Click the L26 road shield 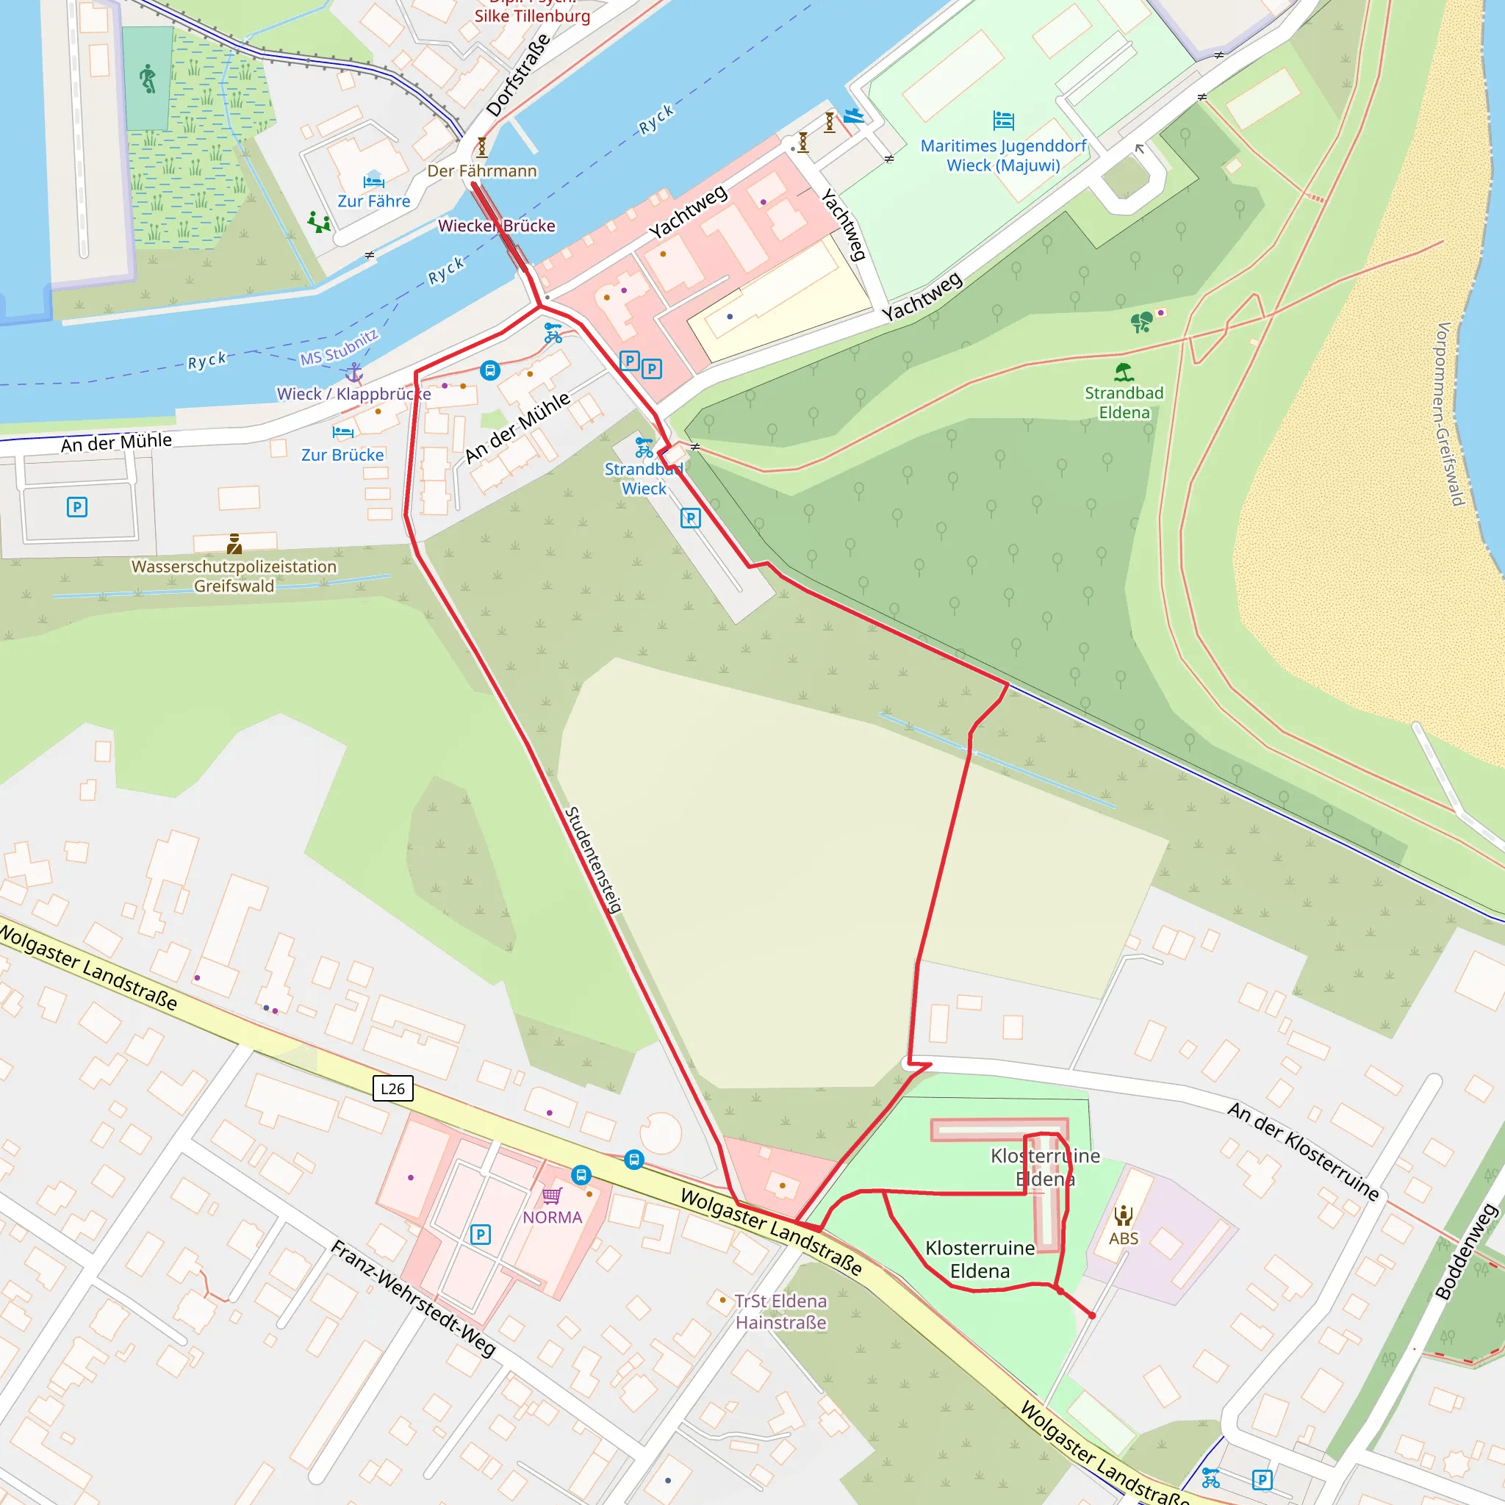coord(392,1088)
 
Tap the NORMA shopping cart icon coord(553,1196)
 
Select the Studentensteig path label coord(594,860)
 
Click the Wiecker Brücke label coord(497,226)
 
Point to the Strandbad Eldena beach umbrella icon coord(1124,372)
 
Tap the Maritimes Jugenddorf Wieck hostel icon coord(1003,120)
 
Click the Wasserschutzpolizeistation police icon coord(234,543)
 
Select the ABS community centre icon coord(1124,1215)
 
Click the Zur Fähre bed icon coord(374,181)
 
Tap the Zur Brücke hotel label coord(342,455)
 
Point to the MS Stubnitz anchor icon coord(353,373)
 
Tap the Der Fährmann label coord(482,170)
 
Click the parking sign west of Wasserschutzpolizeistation coord(76,507)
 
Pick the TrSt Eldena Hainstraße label coord(780,1312)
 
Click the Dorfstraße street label coord(517,76)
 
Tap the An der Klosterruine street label coord(1303,1152)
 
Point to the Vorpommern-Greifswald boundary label coord(1451,413)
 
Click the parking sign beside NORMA coord(481,1235)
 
